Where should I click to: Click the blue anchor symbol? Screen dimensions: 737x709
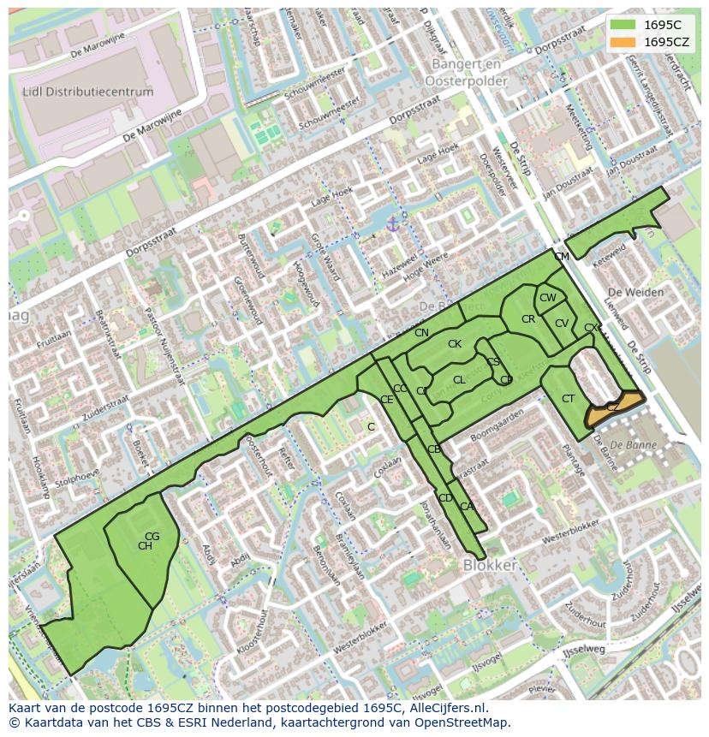coord(393,224)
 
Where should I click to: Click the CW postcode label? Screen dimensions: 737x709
coord(547,298)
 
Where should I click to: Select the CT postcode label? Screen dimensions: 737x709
coord(568,399)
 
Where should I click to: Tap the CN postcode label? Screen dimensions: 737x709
coord(421,333)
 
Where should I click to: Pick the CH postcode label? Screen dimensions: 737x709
coord(145,546)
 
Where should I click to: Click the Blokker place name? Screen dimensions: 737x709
coord(489,566)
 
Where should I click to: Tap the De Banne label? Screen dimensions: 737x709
coord(629,445)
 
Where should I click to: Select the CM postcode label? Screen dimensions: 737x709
coord(561,257)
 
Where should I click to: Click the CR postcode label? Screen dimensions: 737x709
coord(528,319)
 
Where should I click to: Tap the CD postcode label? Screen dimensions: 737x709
coord(445,498)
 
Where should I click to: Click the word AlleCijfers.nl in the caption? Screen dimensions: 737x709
coord(445,708)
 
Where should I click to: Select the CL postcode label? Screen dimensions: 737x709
coord(459,380)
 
